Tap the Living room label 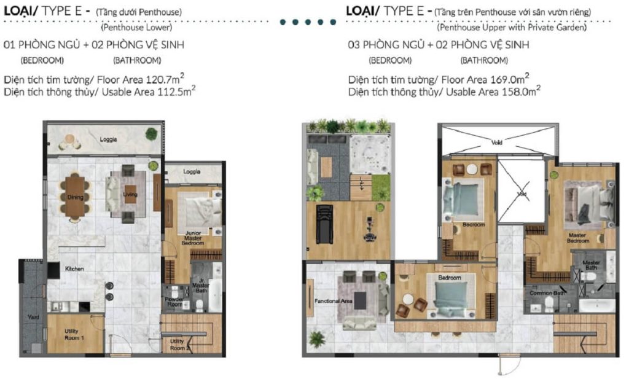pyautogui.click(x=130, y=195)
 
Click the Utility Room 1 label pyautogui.click(x=74, y=335)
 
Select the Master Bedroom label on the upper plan pyautogui.click(x=578, y=237)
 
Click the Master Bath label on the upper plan pyautogui.click(x=590, y=265)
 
